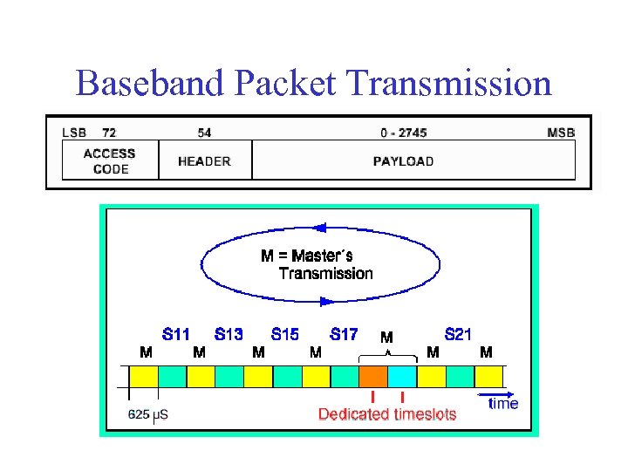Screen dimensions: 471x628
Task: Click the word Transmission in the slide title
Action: tap(449, 84)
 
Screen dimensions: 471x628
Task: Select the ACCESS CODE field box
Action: tap(109, 160)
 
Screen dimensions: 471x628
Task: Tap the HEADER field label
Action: tap(204, 160)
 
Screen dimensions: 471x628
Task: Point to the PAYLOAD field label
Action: tap(403, 160)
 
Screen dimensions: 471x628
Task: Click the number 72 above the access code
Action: tap(109, 133)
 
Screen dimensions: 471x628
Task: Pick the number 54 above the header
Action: tap(204, 133)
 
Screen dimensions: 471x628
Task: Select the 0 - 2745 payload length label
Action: tap(403, 133)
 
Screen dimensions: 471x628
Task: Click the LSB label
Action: tap(74, 133)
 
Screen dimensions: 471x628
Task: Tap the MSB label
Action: tap(561, 133)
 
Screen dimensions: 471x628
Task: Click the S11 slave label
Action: tap(176, 334)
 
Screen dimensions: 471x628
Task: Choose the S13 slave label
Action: tap(229, 334)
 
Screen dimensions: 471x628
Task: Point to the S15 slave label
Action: tap(285, 334)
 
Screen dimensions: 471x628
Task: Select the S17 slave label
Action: tap(344, 334)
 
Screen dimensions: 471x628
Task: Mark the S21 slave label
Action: tap(458, 334)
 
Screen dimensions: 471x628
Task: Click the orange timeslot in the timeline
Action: tap(373, 376)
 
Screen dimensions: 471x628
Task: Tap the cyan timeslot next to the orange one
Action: tap(402, 376)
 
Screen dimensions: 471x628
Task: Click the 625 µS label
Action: tap(147, 414)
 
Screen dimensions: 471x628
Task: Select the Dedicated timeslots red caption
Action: tap(387, 414)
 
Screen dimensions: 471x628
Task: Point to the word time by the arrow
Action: tap(503, 403)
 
